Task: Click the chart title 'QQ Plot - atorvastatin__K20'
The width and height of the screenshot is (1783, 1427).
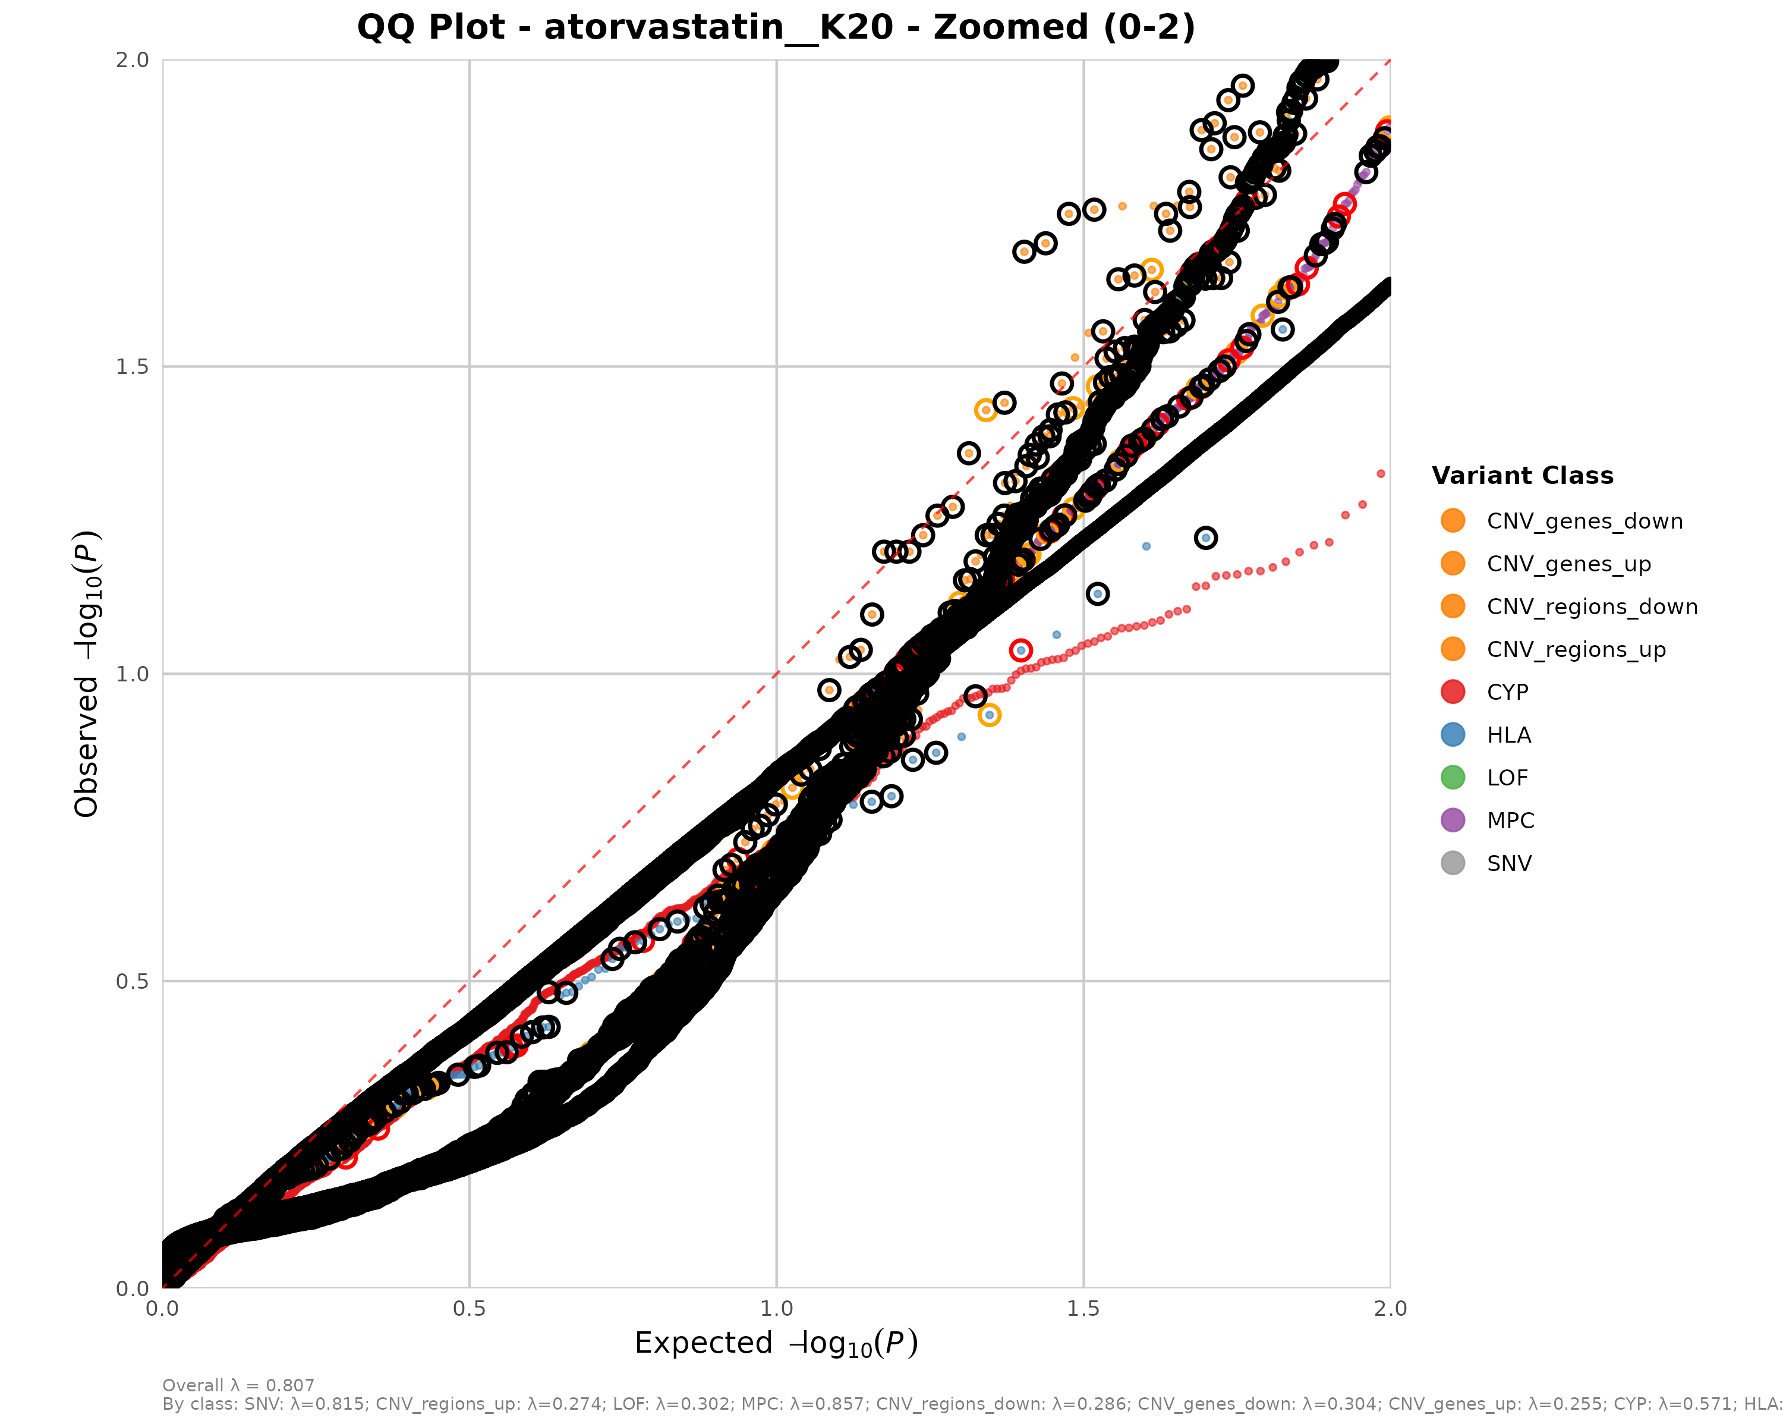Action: coord(776,27)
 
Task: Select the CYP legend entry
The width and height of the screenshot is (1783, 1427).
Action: coord(1507,693)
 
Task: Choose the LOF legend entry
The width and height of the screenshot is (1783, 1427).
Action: coord(1507,778)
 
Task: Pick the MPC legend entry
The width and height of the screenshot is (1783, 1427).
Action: coord(1510,821)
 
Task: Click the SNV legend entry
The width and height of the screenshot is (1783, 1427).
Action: coord(1508,864)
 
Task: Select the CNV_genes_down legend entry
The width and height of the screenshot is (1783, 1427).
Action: coord(1584,521)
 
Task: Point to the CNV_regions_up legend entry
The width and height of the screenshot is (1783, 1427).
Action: coord(1576,649)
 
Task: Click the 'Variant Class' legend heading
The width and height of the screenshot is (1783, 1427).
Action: coord(1521,476)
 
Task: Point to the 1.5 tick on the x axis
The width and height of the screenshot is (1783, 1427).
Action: coord(1083,1309)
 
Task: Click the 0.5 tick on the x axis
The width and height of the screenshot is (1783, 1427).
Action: coord(469,1309)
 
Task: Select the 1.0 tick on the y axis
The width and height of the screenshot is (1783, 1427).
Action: coord(133,674)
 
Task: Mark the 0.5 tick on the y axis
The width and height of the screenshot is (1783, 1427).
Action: coord(133,981)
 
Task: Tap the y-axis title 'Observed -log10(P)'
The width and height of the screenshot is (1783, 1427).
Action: coord(87,674)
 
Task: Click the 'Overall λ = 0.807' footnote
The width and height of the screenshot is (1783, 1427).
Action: coord(238,1385)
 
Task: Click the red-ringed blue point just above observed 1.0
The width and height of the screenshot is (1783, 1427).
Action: coord(1020,650)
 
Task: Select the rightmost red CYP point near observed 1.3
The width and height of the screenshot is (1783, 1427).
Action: coord(1380,474)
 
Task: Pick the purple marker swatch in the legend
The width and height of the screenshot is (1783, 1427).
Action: coord(1452,821)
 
